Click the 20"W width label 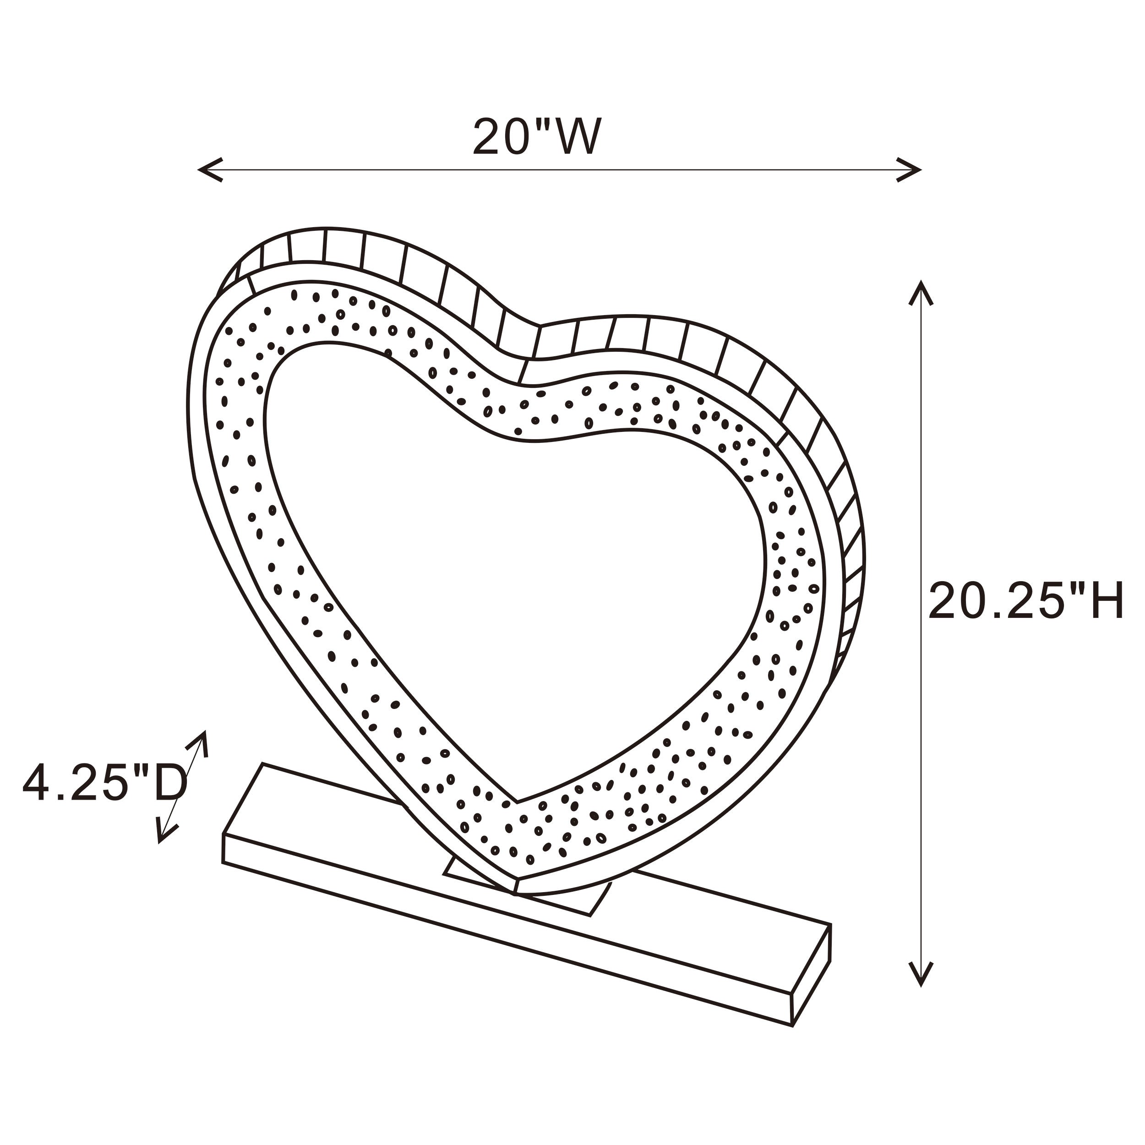click(x=537, y=137)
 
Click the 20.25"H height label click(x=1026, y=601)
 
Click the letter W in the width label click(x=577, y=137)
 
